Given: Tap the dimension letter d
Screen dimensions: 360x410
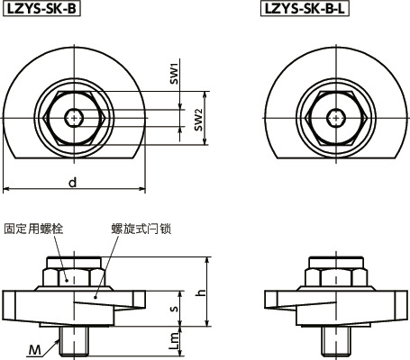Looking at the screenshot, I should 73,182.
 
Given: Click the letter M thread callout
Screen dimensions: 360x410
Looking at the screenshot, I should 32,348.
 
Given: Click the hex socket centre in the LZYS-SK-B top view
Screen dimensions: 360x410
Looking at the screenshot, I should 73,116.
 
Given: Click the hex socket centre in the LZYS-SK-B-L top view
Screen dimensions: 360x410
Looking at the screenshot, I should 336,116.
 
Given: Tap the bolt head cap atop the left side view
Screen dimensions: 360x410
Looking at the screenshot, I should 73,264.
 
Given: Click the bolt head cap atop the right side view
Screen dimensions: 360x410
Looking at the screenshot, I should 336,264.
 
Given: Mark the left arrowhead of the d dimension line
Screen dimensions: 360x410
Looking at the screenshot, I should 5,190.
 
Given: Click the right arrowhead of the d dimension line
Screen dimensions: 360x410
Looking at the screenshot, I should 142,190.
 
